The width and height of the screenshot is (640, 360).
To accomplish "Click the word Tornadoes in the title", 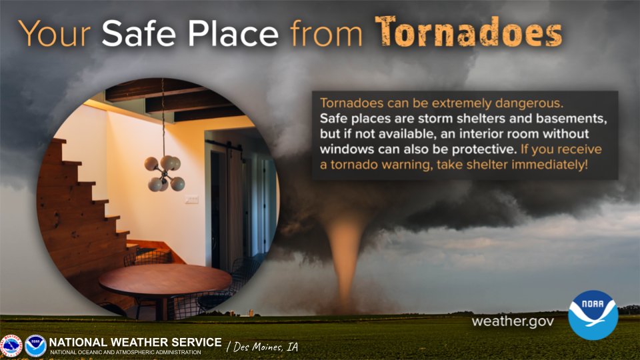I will point(468,31).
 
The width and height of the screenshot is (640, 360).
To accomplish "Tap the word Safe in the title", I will point(139,31).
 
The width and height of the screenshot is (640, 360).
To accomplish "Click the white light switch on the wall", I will point(191,199).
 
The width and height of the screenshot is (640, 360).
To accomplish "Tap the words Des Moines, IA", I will point(262,347).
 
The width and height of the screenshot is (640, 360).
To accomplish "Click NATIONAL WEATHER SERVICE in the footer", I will point(135,342).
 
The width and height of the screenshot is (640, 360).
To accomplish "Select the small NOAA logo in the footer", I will point(35,346).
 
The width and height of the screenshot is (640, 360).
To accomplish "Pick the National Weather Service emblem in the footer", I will point(11,346).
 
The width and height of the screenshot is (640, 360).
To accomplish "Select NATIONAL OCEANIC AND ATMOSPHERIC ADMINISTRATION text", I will point(125,352).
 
